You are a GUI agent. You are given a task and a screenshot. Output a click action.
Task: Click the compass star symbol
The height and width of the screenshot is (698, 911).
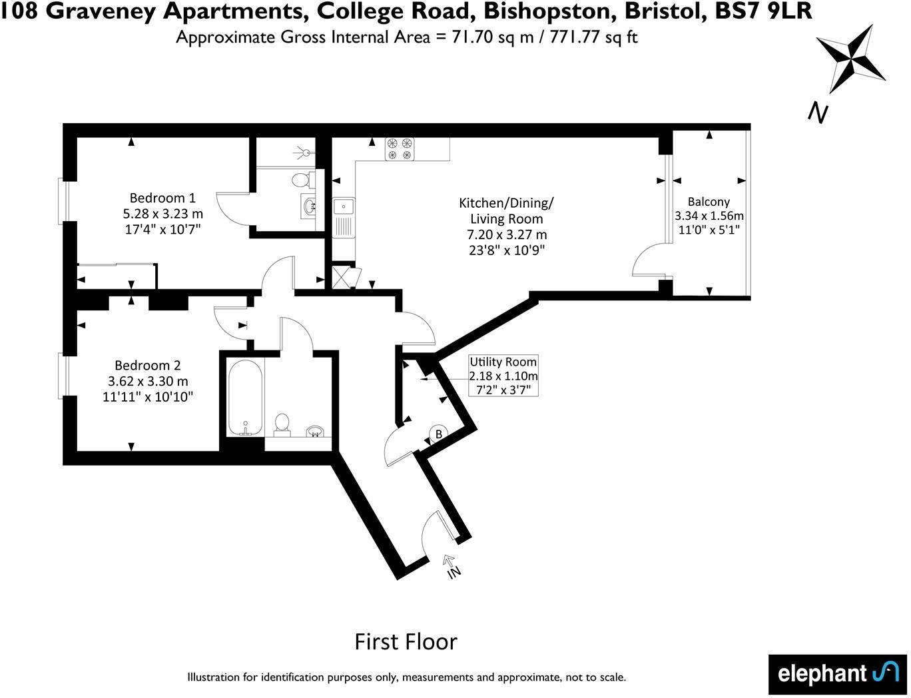(x=850, y=59)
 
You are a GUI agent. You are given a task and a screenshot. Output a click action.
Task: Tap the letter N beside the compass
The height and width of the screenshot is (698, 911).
(x=818, y=113)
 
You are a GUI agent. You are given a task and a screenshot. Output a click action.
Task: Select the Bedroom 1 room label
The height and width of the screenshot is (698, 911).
(x=162, y=198)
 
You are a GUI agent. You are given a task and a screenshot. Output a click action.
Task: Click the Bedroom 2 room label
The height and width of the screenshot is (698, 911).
(x=147, y=365)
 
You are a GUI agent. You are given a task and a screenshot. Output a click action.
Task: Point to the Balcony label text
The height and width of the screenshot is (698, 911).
(x=709, y=202)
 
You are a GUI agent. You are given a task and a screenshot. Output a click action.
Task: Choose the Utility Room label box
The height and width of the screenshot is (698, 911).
(x=503, y=376)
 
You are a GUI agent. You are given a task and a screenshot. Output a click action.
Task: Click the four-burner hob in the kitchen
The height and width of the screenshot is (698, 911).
(x=399, y=149)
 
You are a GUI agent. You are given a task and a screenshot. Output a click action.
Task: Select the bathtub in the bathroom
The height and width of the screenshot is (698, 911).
(x=246, y=398)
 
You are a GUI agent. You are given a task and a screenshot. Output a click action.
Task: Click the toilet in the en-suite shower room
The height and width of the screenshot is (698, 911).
(x=301, y=179)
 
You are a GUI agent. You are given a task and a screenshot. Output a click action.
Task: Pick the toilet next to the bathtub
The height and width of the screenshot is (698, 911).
(x=282, y=424)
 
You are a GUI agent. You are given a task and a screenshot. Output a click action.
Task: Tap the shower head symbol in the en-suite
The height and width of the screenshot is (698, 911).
(x=305, y=153)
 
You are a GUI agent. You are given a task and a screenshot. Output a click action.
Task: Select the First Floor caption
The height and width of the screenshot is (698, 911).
(x=406, y=641)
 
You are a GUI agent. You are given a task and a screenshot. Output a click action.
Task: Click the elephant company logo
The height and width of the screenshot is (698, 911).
(x=838, y=674)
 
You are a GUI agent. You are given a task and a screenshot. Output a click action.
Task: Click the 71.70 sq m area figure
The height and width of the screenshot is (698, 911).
(x=493, y=37)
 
